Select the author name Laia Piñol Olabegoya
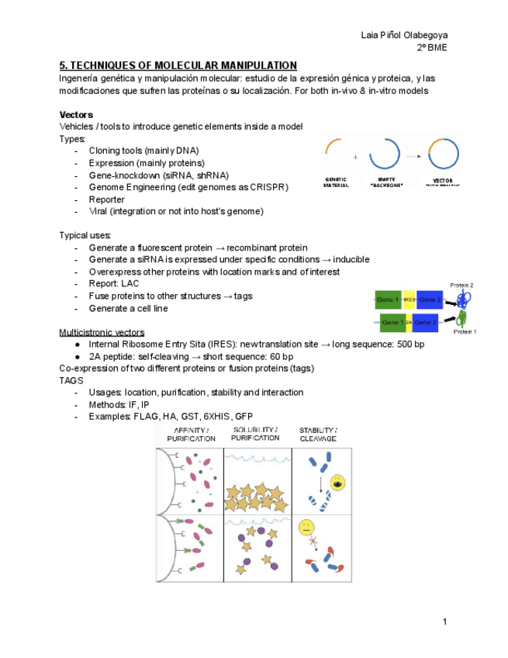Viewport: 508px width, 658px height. [404, 35]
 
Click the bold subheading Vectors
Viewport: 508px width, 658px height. [76, 114]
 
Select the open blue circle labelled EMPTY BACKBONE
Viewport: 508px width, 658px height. [383, 154]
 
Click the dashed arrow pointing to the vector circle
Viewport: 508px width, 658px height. [413, 155]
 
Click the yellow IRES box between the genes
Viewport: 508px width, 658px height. [409, 300]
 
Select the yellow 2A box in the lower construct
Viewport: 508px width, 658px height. [408, 321]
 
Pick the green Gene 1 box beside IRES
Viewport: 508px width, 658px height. [388, 300]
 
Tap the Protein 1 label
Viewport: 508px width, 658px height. [465, 331]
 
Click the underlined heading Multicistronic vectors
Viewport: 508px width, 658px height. [101, 332]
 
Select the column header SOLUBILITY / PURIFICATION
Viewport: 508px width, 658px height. [255, 434]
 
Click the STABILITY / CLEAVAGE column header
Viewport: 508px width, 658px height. [318, 434]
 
